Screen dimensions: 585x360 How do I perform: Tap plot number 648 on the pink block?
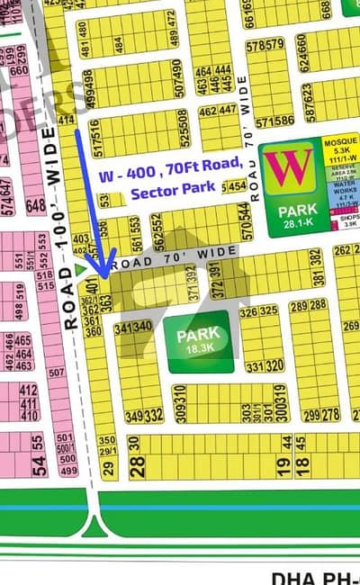[x=36, y=207]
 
